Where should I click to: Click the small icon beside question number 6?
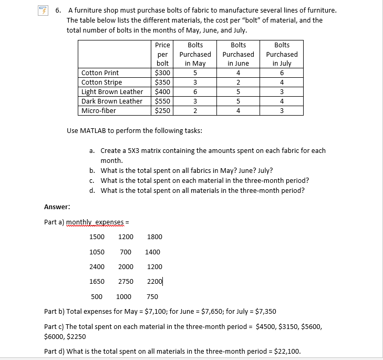47,11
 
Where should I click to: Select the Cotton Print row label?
100,73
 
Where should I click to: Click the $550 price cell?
162,101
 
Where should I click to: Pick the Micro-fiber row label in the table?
99,111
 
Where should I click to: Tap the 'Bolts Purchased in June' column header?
238,54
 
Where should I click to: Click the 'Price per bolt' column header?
162,54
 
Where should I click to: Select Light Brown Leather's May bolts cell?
195,92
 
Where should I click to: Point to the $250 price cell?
162,111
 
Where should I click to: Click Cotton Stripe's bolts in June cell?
238,83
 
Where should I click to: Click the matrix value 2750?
126,281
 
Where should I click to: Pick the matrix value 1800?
155,237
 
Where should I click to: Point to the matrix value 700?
126,252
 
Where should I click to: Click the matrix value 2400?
97,266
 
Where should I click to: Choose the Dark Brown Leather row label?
112,101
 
